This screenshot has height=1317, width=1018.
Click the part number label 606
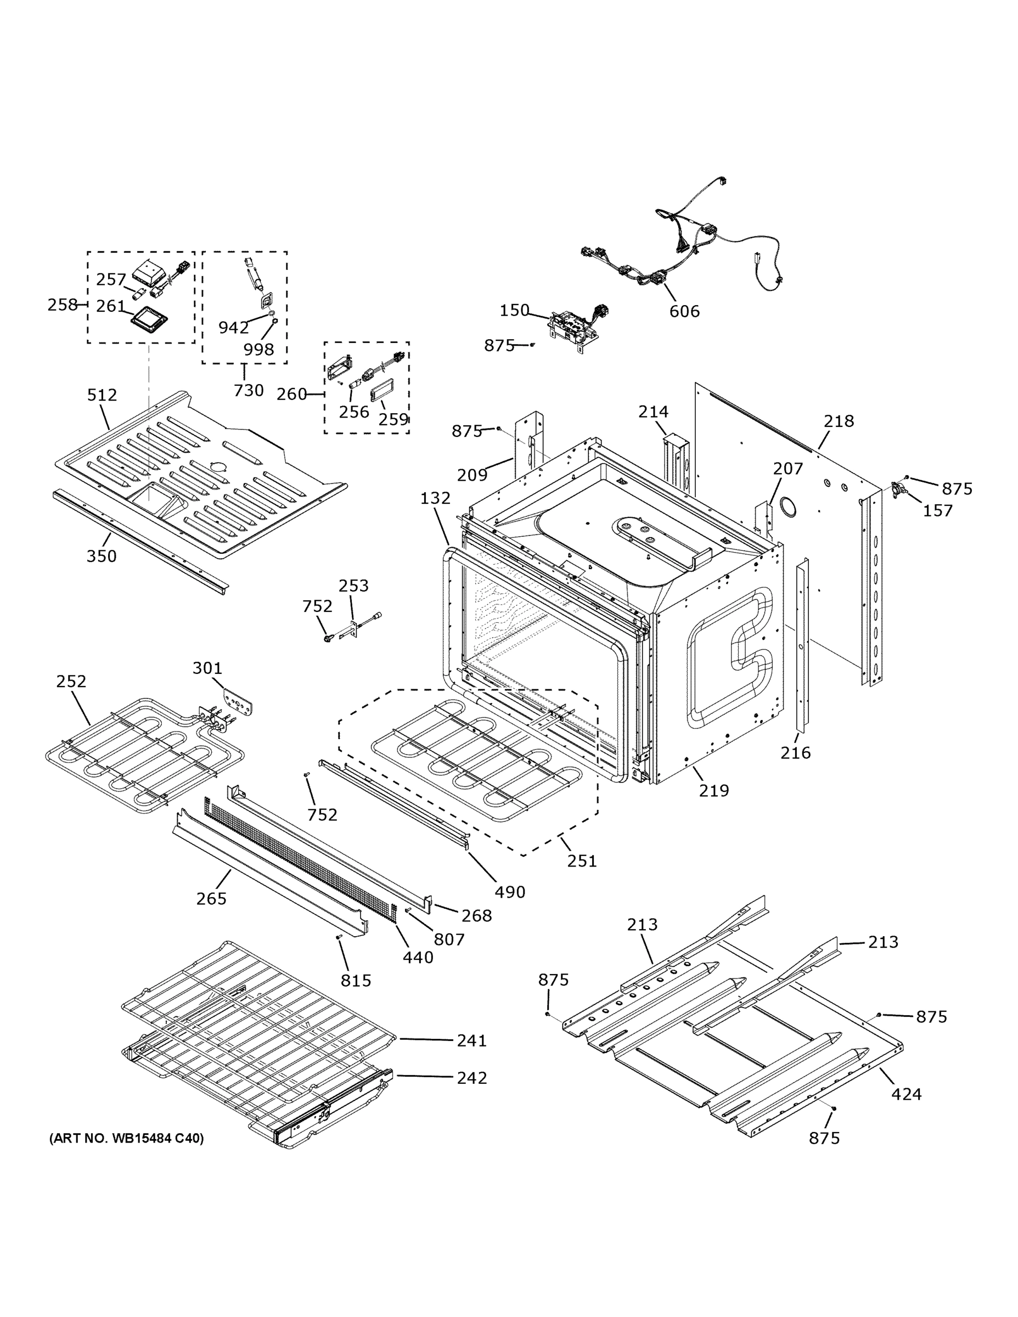point(684,311)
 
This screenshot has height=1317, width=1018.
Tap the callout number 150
point(514,310)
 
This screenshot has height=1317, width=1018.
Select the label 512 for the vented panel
point(102,395)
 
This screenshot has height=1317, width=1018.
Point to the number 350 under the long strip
point(102,556)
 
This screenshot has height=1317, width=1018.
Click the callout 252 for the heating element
point(71,681)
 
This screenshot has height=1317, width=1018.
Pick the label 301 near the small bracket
point(207,668)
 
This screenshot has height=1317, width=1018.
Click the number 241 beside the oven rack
point(471,1040)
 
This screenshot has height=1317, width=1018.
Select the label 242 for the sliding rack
point(471,1078)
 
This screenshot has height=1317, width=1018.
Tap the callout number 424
point(906,1094)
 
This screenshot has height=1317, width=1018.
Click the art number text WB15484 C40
point(127,1139)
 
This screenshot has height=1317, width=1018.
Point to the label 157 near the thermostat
point(938,511)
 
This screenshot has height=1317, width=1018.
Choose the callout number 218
point(839,421)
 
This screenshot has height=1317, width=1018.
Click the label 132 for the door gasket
point(435,498)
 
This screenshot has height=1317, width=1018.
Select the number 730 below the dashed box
point(249,390)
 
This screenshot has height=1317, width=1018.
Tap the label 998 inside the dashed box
point(258,349)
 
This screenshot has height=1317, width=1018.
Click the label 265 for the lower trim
point(211,898)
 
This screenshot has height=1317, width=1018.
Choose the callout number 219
point(714,790)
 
